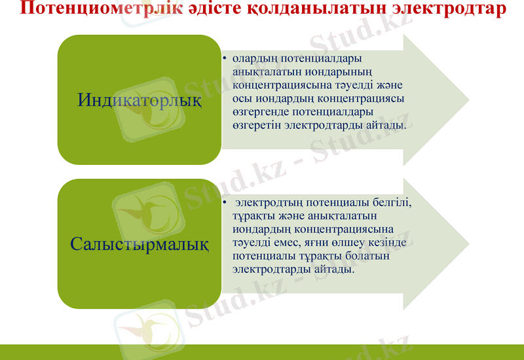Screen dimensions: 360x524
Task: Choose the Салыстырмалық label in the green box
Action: point(140,245)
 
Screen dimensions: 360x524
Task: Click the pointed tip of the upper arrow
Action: point(469,99)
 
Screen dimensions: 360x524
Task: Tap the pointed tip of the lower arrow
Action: point(469,243)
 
